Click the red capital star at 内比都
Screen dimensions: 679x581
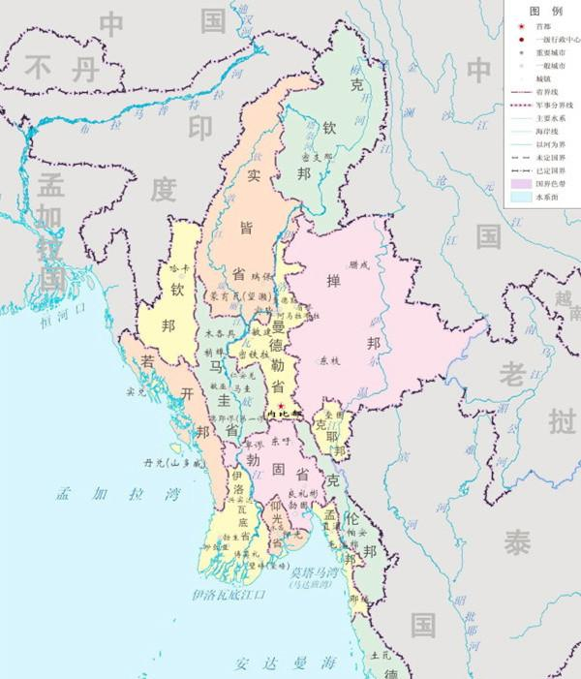point(281,404)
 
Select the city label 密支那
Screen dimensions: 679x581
point(317,156)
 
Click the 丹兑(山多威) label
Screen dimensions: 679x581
point(171,463)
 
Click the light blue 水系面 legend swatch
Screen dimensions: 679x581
point(521,196)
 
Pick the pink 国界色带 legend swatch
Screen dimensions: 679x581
point(521,181)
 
